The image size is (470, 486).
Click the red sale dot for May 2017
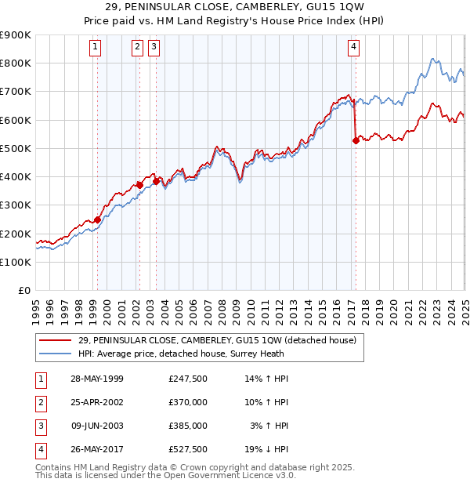point(356,141)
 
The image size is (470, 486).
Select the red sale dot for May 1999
point(98,220)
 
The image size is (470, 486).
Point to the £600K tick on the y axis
point(17,120)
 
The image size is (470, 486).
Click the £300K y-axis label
point(17,205)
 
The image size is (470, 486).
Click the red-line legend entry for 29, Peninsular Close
point(217,340)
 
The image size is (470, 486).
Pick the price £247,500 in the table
point(188,379)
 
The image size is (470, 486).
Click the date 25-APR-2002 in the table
point(97,402)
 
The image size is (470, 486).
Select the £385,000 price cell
point(188,426)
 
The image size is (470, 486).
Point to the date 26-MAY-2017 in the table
point(97,449)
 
